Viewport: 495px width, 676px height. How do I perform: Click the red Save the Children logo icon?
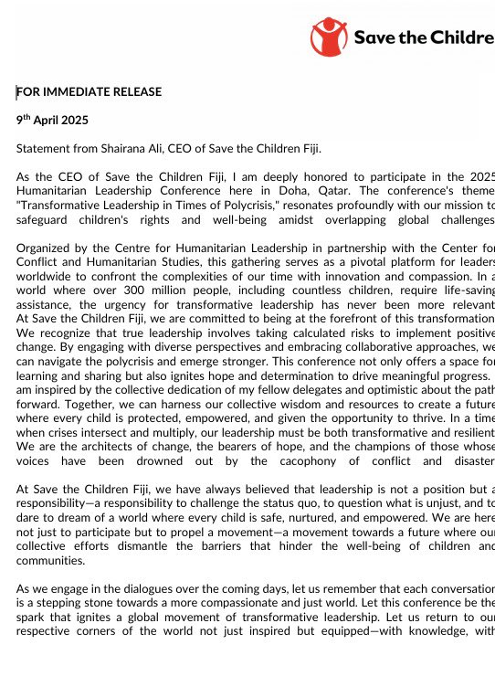point(329,37)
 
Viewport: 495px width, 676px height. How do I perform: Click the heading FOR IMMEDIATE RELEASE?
point(89,91)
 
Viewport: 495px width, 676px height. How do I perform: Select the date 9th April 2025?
point(52,120)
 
